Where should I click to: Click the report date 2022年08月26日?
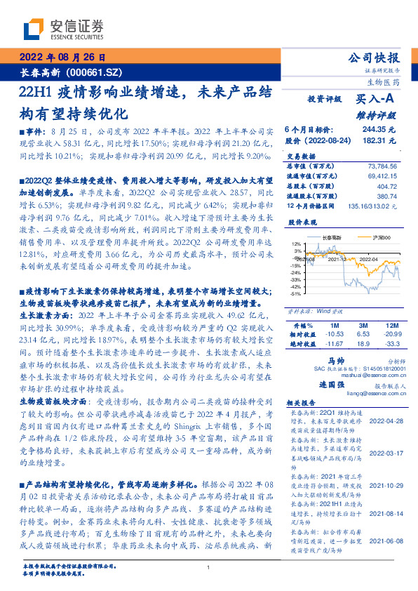[x=61, y=58]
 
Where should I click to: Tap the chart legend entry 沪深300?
[x=379, y=239]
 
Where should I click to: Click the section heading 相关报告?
[x=304, y=404]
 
